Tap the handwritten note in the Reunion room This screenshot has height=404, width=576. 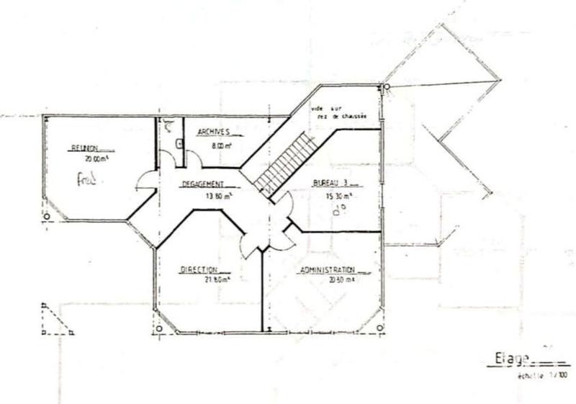(86, 178)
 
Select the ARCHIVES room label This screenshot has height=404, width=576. (212, 133)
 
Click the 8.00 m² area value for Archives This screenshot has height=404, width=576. (221, 145)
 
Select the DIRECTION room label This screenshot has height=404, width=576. (199, 269)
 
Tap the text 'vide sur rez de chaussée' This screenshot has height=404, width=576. (339, 112)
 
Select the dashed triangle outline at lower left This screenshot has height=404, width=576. (55, 320)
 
